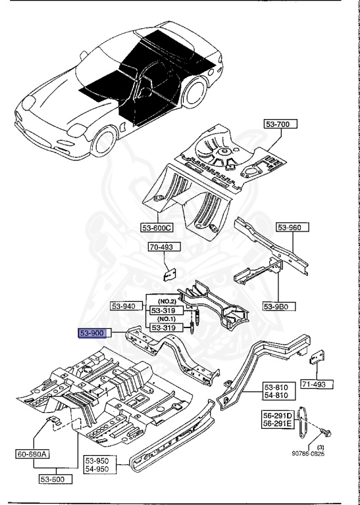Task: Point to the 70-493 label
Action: click(162, 249)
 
